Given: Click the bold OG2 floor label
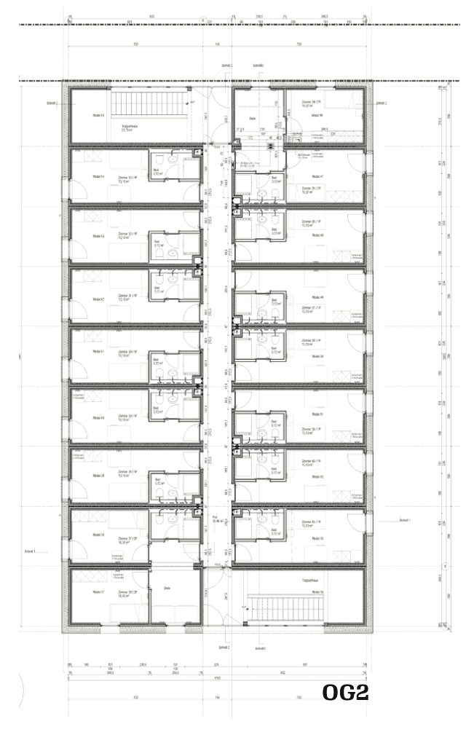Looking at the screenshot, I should tap(345, 693).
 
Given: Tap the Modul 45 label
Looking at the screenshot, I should tap(98, 116).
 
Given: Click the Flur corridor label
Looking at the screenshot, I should tap(215, 519).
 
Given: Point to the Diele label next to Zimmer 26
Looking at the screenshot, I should tap(167, 589).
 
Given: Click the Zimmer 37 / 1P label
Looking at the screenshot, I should tap(312, 308).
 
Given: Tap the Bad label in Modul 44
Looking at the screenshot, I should tap(157, 173).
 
